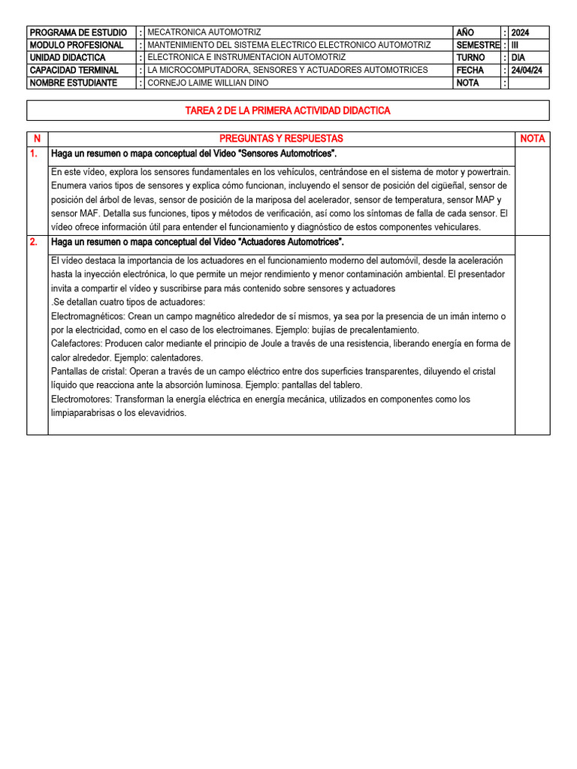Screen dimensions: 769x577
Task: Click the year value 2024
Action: (520, 32)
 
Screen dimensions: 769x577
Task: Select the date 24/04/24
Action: (527, 70)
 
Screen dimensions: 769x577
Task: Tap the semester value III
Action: (515, 45)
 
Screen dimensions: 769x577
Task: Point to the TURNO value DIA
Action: (518, 57)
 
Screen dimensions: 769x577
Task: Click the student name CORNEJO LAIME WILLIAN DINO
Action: (207, 83)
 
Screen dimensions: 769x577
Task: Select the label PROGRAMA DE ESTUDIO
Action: (78, 32)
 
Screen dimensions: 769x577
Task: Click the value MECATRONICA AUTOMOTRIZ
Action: (204, 32)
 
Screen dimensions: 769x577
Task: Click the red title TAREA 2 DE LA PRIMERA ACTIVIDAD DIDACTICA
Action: (288, 110)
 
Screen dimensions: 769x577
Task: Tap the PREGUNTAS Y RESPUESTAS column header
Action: (281, 138)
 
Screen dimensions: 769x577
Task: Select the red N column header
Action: (37, 139)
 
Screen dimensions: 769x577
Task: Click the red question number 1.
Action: (33, 153)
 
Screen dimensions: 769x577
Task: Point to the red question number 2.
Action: (33, 242)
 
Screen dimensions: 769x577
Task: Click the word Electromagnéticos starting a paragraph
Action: (86, 316)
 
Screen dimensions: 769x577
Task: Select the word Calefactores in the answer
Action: (76, 344)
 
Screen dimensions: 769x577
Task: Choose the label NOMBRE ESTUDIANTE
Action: (73, 83)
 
